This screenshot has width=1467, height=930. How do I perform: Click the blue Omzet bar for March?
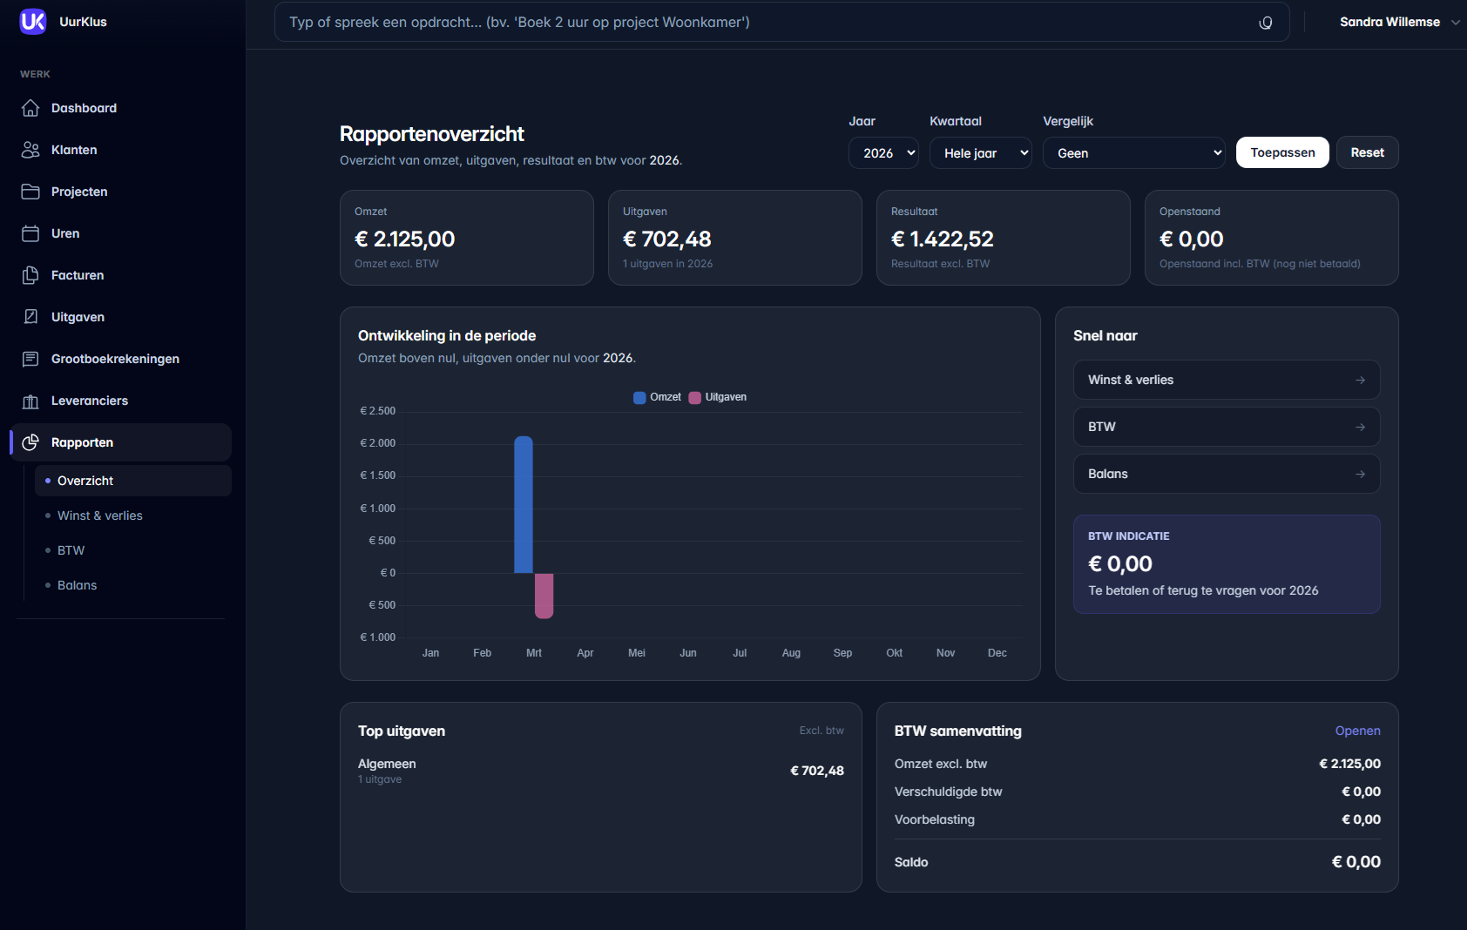point(524,505)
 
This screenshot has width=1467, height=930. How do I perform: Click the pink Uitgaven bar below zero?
point(544,596)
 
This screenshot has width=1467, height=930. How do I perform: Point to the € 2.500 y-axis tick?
point(378,411)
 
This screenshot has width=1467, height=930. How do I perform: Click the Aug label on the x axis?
point(791,653)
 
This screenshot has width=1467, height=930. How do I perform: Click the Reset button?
point(1367,152)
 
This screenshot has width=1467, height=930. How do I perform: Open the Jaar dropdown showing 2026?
point(883,153)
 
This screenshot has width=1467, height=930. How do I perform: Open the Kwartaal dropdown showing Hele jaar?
point(981,153)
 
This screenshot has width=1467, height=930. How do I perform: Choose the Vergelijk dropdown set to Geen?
point(1133,153)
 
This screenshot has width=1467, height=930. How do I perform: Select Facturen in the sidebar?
point(78,275)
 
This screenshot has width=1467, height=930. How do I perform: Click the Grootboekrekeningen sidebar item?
point(115,359)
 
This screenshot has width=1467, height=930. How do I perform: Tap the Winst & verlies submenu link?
point(100,516)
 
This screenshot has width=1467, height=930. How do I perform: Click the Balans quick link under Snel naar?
point(1226,474)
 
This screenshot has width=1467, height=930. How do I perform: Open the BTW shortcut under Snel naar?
point(1226,427)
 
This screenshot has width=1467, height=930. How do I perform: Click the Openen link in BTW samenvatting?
point(1357,731)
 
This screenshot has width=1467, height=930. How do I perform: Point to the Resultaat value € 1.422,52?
point(942,239)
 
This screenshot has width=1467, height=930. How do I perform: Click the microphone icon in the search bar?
point(1266,23)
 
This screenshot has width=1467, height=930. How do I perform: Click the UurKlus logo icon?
point(33,22)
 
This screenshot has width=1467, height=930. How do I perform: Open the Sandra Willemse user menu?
point(1398,22)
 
